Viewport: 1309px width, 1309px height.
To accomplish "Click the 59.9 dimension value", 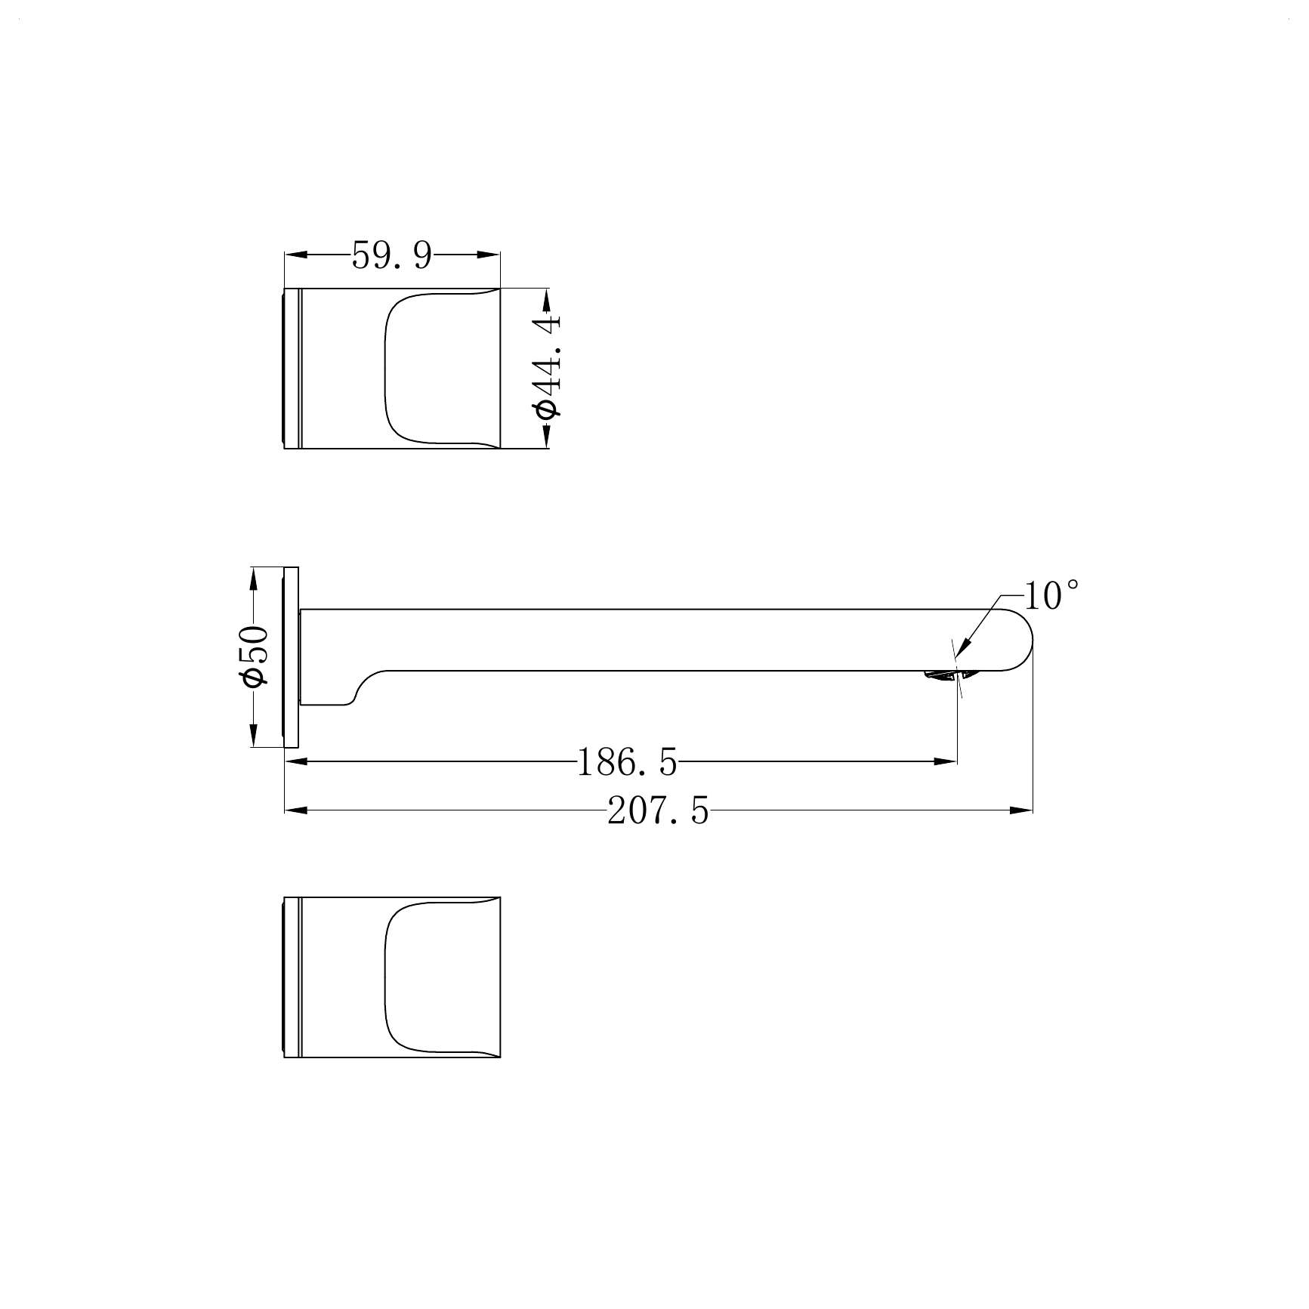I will pos(391,256).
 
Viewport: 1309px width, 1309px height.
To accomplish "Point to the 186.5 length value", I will pos(626,762).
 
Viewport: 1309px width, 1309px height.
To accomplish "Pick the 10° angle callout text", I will pos(1052,596).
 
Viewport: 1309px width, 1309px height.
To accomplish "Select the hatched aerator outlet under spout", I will pos(941,675).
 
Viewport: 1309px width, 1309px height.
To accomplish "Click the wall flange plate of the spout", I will pos(292,656).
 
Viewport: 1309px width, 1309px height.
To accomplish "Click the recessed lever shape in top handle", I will pos(438,368).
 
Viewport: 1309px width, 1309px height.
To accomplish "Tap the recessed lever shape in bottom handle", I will pos(438,977).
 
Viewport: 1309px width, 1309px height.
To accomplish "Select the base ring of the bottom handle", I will pos(292,977).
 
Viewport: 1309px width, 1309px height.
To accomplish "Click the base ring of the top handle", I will pos(292,368).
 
